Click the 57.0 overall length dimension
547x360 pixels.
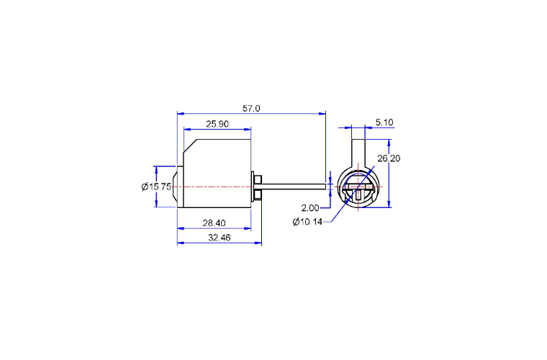coord(251,109)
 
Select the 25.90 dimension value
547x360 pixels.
coord(217,124)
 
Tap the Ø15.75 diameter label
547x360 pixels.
coord(156,186)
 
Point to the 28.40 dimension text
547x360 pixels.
coord(214,223)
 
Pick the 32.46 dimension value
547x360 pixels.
coord(220,238)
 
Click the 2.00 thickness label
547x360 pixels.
coord(310,208)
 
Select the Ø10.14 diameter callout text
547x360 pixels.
coord(307,222)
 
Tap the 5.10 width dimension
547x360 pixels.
coord(384,122)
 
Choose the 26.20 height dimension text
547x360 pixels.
coord(389,158)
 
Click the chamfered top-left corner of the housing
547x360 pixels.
coord(190,145)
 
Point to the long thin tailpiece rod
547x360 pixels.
coord(294,186)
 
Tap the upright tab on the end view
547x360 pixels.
coord(358,153)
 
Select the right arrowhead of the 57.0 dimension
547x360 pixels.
coord(322,113)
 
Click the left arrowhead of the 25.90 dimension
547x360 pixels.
coord(187,130)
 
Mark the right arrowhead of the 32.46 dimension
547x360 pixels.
coord(258,243)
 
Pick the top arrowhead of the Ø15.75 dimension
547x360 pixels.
coord(156,169)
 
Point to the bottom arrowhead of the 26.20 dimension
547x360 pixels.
coord(389,204)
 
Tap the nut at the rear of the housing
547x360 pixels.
coord(258,186)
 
